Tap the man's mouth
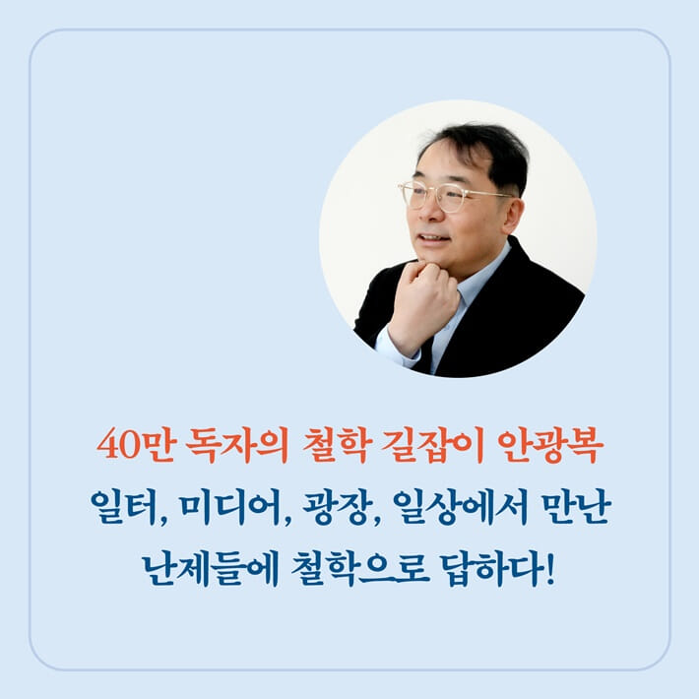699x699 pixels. click(431, 238)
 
